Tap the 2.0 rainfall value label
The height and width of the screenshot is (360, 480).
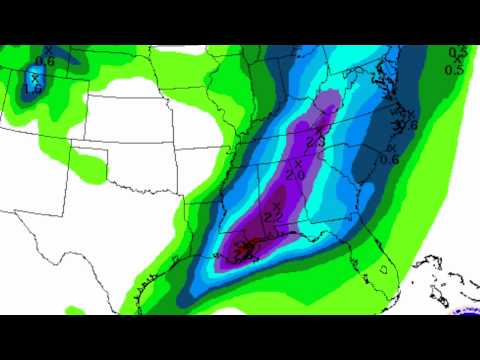coord(296,174)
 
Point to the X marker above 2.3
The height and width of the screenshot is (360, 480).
coord(320,130)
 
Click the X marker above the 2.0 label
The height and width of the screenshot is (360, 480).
coord(297,161)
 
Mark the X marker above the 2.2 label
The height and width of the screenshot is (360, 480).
coord(276,204)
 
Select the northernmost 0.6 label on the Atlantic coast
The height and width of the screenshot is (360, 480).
coord(407,125)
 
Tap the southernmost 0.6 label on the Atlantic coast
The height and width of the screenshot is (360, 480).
coord(391,158)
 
